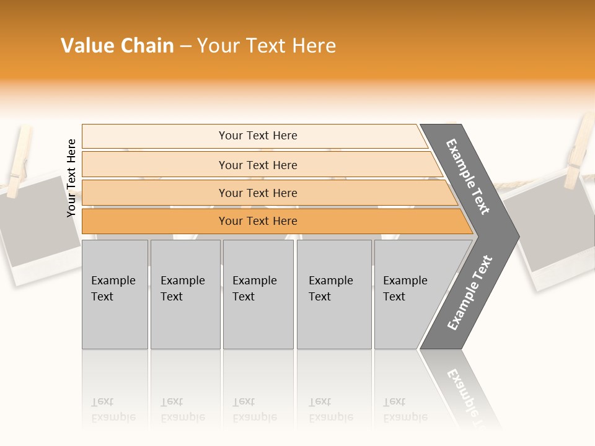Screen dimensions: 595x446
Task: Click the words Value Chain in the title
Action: coord(117,46)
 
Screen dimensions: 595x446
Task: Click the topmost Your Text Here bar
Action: coord(257,136)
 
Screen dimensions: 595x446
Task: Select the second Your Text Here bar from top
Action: coord(257,165)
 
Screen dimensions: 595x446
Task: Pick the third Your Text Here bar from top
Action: coord(257,193)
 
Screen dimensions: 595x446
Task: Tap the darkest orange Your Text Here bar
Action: coord(257,221)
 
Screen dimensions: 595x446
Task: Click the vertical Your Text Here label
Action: coord(71,178)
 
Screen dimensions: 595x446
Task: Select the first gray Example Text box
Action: coord(115,294)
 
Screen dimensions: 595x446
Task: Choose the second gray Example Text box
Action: coord(185,294)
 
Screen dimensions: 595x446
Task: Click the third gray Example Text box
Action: coord(258,294)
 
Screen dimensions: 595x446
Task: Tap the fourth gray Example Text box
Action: coord(333,294)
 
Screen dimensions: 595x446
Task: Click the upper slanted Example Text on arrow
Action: coord(468,177)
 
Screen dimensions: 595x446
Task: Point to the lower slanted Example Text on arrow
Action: coord(469,293)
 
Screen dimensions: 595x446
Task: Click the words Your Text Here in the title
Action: coord(267,46)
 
